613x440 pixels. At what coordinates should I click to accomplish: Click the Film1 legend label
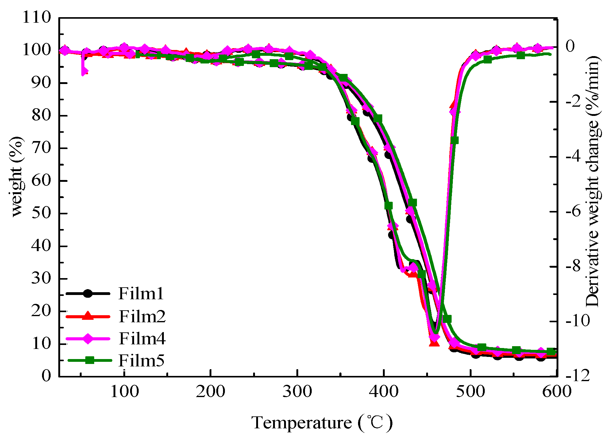141,293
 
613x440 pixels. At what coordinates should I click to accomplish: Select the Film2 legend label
142,316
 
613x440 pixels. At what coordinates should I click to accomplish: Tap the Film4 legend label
142,339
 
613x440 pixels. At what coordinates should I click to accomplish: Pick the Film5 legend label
141,360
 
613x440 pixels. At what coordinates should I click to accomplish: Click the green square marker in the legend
90,360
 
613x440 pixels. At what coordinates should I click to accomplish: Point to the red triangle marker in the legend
88,316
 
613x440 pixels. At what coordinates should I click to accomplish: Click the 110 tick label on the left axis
37,17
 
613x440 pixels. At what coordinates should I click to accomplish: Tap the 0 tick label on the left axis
46,376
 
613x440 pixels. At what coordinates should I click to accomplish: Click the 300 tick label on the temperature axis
297,392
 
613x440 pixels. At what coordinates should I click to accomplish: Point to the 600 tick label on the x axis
557,392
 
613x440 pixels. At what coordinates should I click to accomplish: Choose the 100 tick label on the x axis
124,392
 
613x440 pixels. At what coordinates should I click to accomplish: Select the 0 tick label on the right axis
570,46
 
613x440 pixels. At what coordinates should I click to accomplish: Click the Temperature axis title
322,423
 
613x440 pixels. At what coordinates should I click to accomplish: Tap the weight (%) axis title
17,177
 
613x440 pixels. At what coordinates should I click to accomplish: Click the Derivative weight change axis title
593,181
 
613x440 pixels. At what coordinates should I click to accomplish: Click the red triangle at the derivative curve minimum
434,342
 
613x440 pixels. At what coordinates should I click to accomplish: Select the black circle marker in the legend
88,293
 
